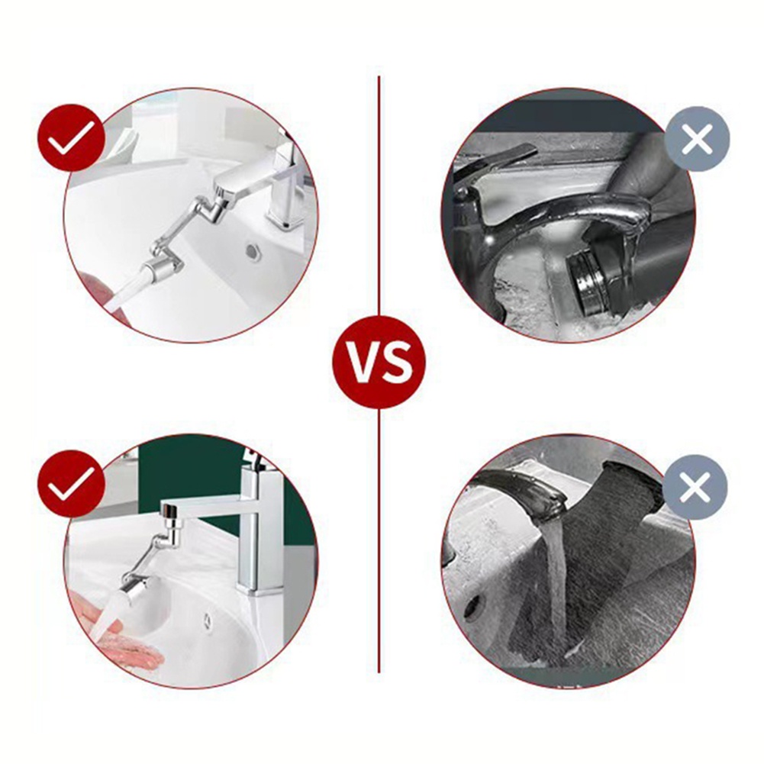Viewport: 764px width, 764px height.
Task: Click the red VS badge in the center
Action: tap(379, 361)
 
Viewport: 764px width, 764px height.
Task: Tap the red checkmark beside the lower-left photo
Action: tap(71, 482)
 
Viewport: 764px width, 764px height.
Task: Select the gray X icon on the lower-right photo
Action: tap(695, 487)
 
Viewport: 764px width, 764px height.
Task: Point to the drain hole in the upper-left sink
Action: tap(253, 253)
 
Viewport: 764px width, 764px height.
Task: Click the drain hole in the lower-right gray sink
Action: tap(472, 608)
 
